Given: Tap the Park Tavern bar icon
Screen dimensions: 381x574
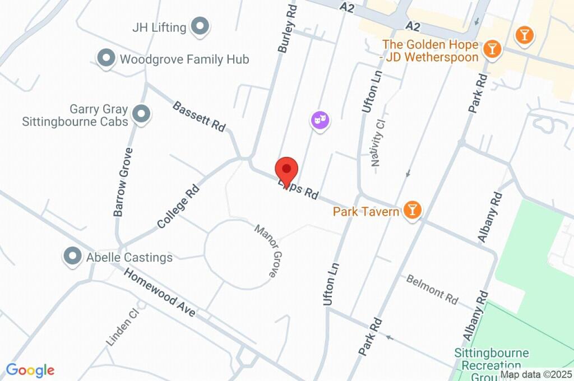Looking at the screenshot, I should (x=413, y=211).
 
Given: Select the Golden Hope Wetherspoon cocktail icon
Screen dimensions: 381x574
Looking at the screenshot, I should (x=492, y=49).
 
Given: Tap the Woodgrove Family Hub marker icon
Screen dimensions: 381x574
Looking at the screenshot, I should (x=105, y=58).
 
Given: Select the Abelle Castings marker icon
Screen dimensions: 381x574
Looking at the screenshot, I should (x=72, y=257).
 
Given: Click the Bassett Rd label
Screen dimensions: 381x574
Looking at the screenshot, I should (x=198, y=116).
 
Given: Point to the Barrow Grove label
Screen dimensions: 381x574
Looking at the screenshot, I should (x=122, y=182).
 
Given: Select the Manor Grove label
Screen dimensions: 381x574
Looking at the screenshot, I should (x=266, y=251).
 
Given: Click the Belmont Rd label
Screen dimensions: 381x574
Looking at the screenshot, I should (x=432, y=289).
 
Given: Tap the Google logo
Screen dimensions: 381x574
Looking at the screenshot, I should (x=30, y=370).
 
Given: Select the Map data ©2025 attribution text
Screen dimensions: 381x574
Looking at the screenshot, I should (x=536, y=375).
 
